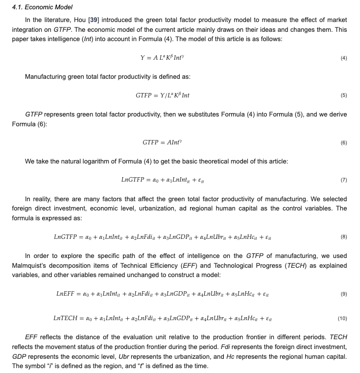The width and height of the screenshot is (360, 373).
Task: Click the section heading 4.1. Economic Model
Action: [42, 7]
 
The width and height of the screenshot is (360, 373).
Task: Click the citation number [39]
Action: [94, 20]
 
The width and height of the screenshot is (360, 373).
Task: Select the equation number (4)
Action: [343, 58]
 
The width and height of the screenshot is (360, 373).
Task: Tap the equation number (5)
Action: [343, 95]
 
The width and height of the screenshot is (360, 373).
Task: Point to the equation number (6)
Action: [343, 143]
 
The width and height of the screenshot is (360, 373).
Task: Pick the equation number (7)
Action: [343, 180]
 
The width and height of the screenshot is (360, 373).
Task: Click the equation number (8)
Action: [343, 237]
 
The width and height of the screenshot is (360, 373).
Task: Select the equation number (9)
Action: [343, 294]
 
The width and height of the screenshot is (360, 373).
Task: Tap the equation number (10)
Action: [342, 318]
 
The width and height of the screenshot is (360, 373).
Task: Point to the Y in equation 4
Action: [143, 58]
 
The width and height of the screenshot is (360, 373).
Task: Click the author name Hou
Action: [80, 20]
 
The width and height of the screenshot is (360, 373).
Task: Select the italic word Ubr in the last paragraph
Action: [125, 356]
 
